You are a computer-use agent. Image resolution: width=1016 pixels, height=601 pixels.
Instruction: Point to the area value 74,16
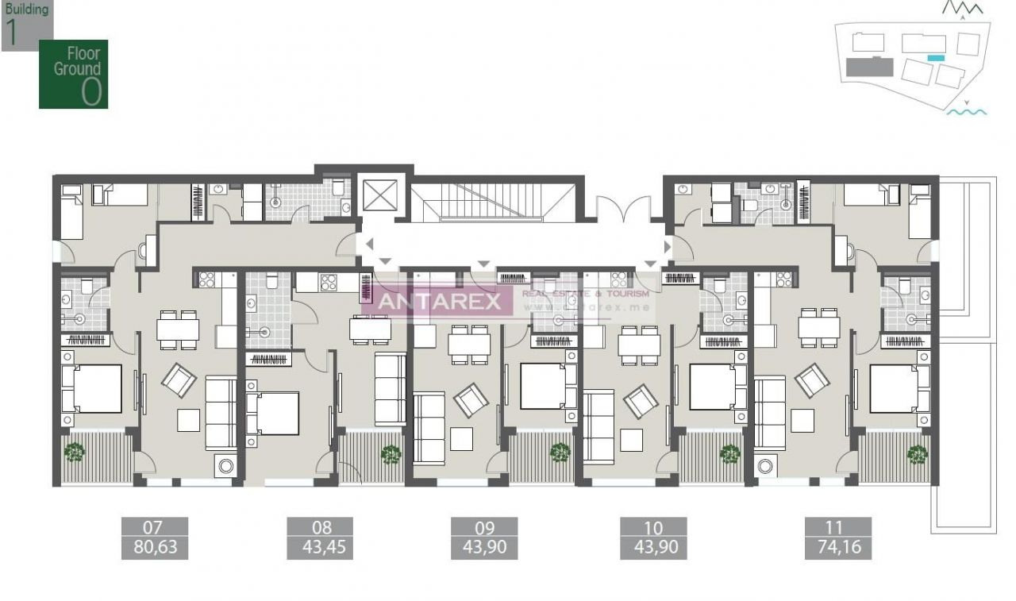(x=837, y=547)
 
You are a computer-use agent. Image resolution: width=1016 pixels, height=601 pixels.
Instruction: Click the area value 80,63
(x=155, y=547)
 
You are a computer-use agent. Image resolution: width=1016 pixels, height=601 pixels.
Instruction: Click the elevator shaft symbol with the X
(x=374, y=195)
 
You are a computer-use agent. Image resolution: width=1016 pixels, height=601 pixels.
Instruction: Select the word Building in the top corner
(x=27, y=10)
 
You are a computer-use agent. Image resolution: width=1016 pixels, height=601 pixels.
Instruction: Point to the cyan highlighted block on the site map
(x=936, y=58)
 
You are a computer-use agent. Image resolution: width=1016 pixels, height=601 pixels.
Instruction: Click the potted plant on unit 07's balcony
(x=75, y=452)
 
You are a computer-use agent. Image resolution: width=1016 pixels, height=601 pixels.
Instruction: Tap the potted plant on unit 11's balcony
(x=918, y=454)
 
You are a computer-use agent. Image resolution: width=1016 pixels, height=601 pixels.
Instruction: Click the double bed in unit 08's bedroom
(x=272, y=414)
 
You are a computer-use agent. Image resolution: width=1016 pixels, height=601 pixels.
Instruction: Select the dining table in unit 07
(x=178, y=329)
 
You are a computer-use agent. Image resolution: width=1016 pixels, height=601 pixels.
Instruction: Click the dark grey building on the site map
(x=869, y=67)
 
